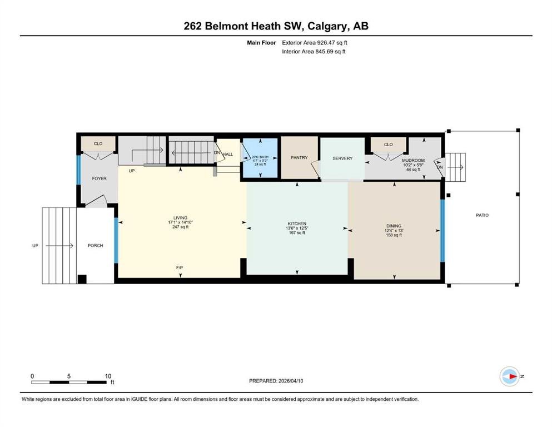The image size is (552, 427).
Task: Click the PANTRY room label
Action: pos(299,158)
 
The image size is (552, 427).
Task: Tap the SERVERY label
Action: pos(342,158)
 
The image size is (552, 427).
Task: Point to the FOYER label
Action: pos(100,178)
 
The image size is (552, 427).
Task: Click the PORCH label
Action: pos(96,245)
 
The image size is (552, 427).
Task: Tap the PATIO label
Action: pos(483,215)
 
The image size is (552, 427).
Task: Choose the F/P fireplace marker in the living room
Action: pos(180,267)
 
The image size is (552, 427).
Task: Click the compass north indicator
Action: pos(510,376)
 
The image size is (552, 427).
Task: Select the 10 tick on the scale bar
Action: pos(108,376)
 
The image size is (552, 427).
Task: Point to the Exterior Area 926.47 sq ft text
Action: pos(315,43)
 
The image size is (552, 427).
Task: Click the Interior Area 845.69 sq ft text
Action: pos(314,51)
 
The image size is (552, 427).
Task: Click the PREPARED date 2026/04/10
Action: pos(291,381)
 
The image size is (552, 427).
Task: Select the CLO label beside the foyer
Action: pos(98,143)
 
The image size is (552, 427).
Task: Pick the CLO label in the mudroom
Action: pos(389,145)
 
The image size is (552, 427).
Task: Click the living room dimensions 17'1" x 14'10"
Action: pos(180,222)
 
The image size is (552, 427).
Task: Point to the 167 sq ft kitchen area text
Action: pos(297,233)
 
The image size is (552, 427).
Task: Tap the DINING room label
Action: pos(394,226)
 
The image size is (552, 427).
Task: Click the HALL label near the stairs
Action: pos(228,155)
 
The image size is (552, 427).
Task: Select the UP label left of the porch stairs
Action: pos(35,246)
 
